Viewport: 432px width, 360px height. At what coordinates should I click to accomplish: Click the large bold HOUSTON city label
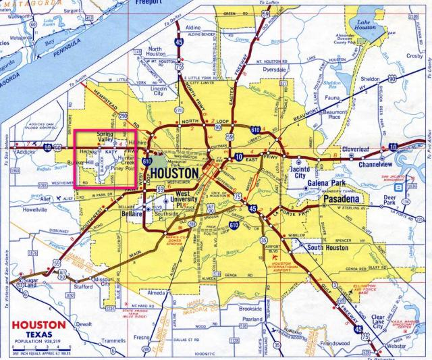(175, 174)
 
